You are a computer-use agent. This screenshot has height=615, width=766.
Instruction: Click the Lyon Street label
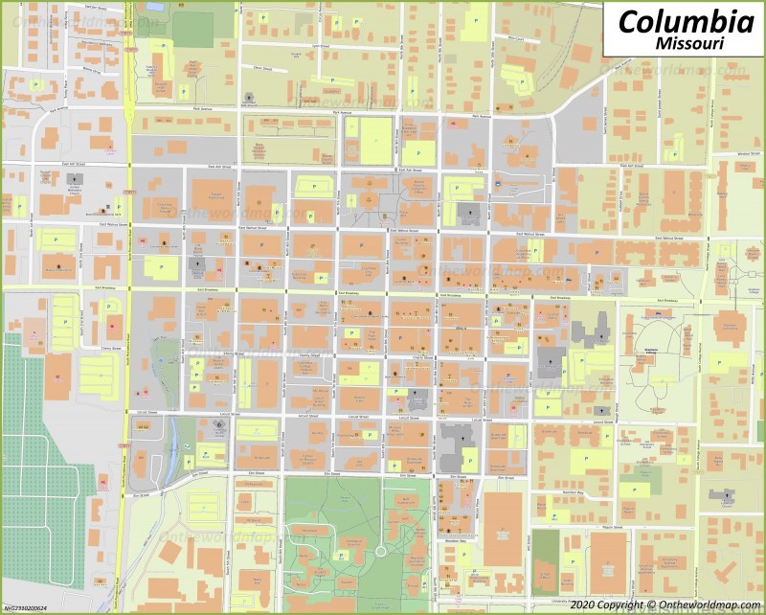point(319,45)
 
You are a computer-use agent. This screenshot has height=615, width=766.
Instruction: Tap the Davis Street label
point(262,68)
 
